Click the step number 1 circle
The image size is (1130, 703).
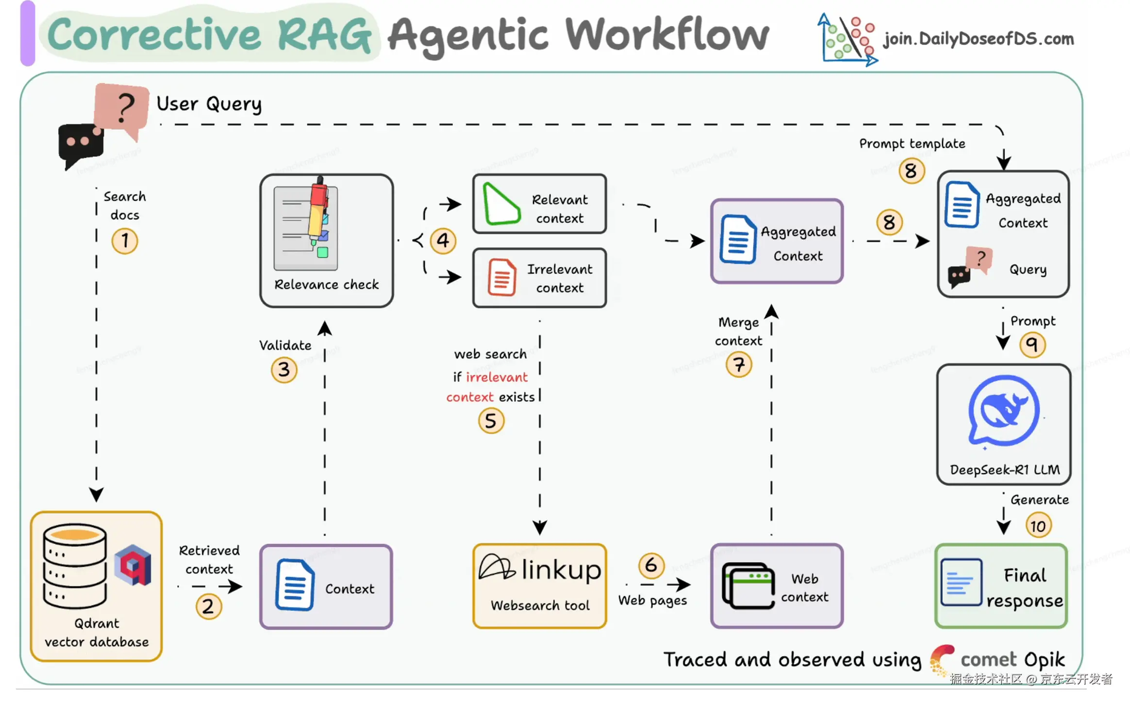124,240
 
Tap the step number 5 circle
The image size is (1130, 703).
491,421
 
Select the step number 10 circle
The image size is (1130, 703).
1038,525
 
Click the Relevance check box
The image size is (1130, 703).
326,240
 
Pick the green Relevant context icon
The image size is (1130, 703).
501,205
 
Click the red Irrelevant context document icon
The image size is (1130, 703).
502,277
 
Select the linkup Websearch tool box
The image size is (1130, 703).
540,586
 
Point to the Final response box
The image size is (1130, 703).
1001,586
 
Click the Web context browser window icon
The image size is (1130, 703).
748,586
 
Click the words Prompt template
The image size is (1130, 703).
912,144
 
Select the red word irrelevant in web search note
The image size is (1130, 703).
496,377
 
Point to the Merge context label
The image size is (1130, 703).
738,331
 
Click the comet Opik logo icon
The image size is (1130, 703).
941,659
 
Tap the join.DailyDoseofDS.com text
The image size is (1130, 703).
978,39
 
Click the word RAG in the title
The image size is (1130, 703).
324,35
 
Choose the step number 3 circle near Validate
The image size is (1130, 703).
284,369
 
